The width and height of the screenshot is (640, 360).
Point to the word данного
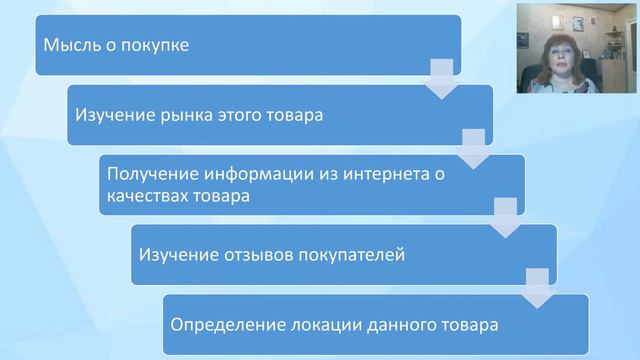(x=402, y=325)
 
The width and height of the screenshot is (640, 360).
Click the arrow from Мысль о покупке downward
(x=442, y=77)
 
